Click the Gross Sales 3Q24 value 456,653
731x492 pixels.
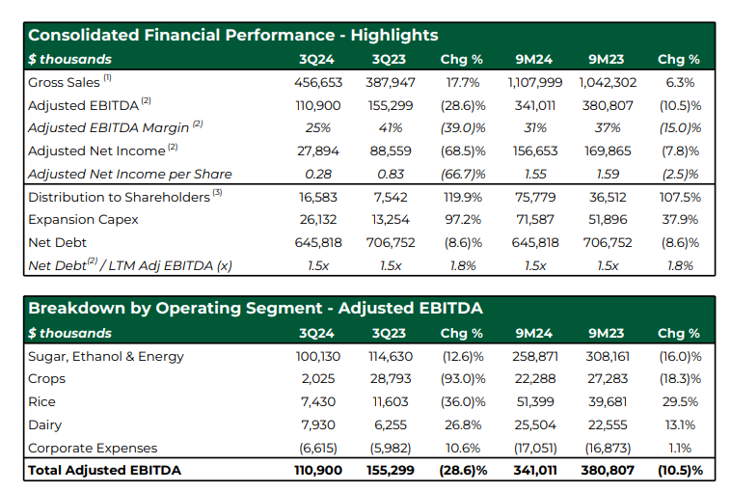(x=318, y=83)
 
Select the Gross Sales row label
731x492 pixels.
(x=64, y=83)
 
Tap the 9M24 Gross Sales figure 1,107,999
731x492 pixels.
(x=534, y=83)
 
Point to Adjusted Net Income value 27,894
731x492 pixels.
(x=318, y=151)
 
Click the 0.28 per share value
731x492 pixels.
(x=318, y=174)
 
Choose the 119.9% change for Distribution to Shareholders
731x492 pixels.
(x=463, y=197)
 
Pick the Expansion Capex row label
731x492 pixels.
(x=84, y=220)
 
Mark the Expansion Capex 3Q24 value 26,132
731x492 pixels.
(x=318, y=220)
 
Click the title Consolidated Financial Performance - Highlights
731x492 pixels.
(x=233, y=35)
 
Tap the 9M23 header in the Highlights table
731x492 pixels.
(x=606, y=59)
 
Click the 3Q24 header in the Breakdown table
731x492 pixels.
(x=316, y=333)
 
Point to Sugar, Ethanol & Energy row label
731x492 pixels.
(x=106, y=357)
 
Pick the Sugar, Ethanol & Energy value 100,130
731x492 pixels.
(x=318, y=357)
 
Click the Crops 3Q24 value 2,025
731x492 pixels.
(x=318, y=379)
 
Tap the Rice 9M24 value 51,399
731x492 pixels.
(x=535, y=402)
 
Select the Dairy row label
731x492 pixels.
(x=44, y=425)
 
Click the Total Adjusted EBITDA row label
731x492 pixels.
(x=104, y=470)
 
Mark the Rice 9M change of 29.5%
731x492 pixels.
(x=680, y=402)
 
